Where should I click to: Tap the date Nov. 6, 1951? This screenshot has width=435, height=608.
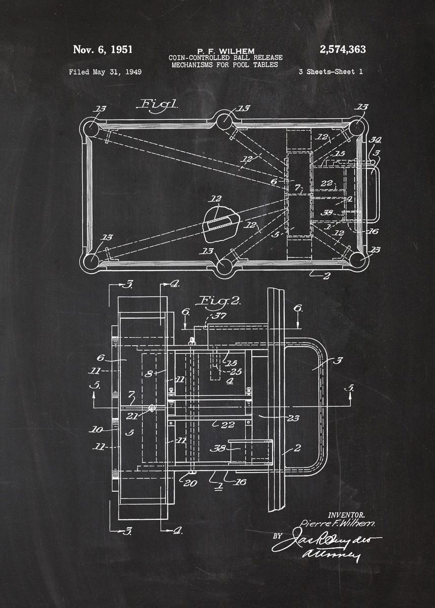pyautogui.click(x=103, y=50)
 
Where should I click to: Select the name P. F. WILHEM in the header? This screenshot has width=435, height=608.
pyautogui.click(x=225, y=51)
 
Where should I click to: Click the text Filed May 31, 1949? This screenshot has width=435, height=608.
pyautogui.click(x=105, y=72)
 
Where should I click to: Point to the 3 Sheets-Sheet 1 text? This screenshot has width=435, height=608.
pyautogui.click(x=330, y=72)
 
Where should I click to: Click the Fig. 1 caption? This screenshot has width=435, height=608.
pyautogui.click(x=158, y=104)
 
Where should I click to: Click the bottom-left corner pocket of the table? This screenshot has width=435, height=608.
pyautogui.click(x=92, y=260)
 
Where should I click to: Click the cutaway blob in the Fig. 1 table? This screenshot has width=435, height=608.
pyautogui.click(x=221, y=224)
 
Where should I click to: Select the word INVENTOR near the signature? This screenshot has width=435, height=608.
pyautogui.click(x=346, y=514)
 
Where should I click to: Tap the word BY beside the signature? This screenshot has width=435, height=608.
pyautogui.click(x=277, y=536)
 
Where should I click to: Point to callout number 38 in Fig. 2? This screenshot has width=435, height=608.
pyautogui.click(x=219, y=448)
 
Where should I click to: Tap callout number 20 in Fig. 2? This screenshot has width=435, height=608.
pyautogui.click(x=190, y=483)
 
